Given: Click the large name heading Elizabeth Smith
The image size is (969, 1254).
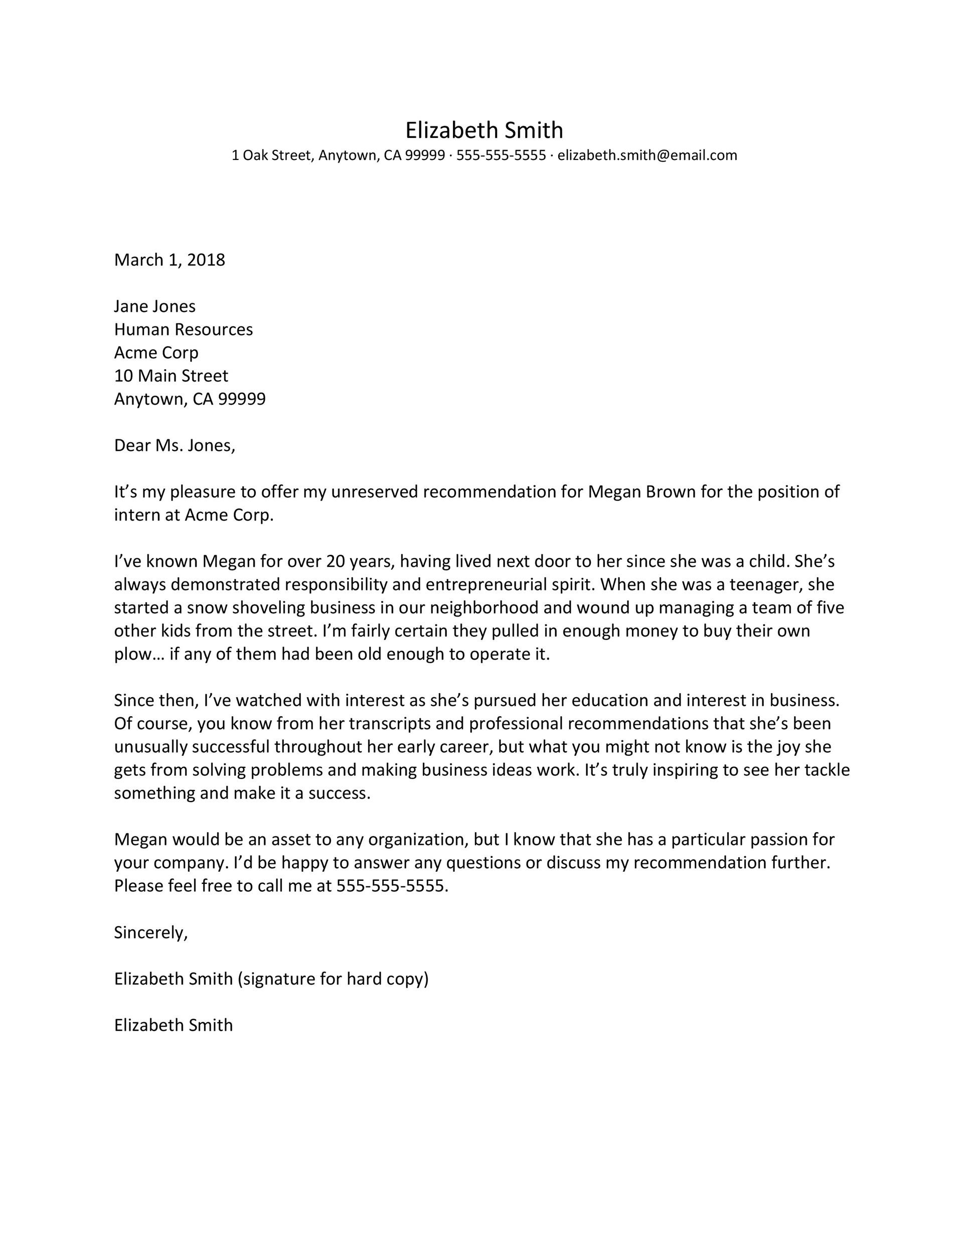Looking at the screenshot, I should (484, 130).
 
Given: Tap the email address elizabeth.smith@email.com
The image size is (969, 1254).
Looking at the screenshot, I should (647, 155).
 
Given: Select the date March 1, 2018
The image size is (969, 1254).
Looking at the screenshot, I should (170, 260).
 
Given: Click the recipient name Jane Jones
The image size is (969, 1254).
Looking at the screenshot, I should (154, 306).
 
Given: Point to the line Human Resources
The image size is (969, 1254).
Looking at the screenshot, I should (183, 329).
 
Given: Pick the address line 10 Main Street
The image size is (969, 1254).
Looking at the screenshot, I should (171, 376).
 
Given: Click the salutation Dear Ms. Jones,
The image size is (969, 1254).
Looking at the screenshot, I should (175, 445).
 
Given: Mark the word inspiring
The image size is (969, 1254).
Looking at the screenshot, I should (678, 770).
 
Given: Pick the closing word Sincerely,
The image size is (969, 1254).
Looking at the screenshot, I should (150, 932).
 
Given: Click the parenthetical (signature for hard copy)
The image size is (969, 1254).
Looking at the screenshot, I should (333, 979).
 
